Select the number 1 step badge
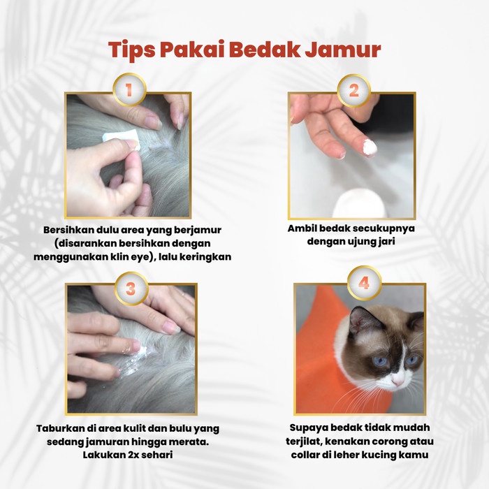(x=129, y=90)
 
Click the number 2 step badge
(x=353, y=90)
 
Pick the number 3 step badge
(x=129, y=287)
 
